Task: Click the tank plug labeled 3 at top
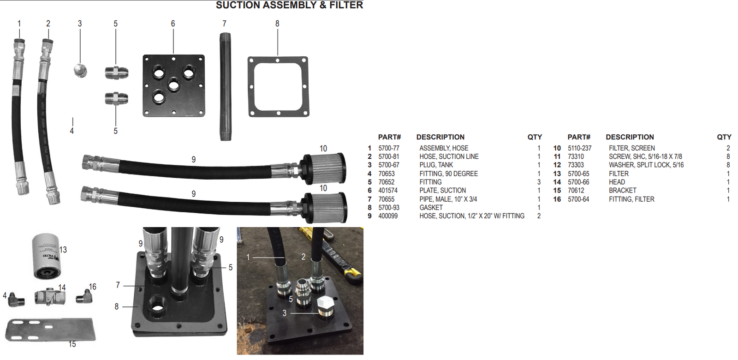tap(80, 71)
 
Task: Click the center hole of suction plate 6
tap(174, 85)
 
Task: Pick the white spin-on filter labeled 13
tap(46, 256)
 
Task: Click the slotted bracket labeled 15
tap(51, 330)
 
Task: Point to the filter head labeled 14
tap(50, 297)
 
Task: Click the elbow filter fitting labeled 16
tap(84, 296)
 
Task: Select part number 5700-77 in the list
tap(389, 148)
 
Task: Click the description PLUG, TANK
tap(436, 165)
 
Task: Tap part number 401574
tap(388, 190)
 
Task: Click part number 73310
tap(576, 156)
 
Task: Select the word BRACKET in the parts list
tap(622, 190)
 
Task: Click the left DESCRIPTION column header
tap(440, 137)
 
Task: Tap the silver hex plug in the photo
tap(327, 307)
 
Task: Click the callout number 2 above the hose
tap(48, 24)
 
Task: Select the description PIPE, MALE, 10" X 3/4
tap(448, 199)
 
